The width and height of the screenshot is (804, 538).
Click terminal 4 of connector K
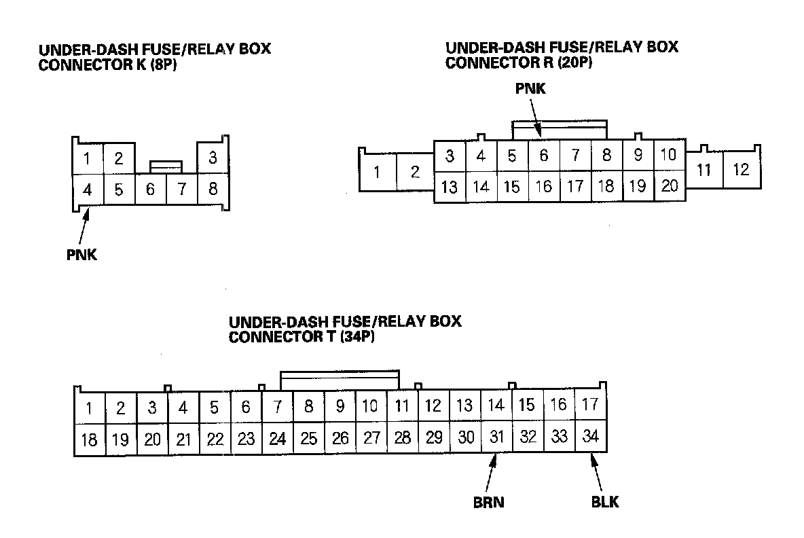87,190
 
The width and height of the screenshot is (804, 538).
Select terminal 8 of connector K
213,190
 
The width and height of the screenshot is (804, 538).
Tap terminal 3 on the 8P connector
213,158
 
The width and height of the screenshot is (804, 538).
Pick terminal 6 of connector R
543,156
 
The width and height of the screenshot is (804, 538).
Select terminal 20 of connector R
670,186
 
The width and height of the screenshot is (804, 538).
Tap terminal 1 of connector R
376,172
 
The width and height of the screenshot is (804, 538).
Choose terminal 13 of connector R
450,187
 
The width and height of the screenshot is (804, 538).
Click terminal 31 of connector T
496,437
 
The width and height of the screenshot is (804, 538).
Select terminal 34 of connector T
591,437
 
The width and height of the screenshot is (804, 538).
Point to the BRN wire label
489,503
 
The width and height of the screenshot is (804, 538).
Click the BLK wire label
606,503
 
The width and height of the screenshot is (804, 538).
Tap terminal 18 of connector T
89,440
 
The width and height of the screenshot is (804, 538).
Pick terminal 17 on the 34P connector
590,405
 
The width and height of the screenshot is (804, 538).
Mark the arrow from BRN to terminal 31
494,473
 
